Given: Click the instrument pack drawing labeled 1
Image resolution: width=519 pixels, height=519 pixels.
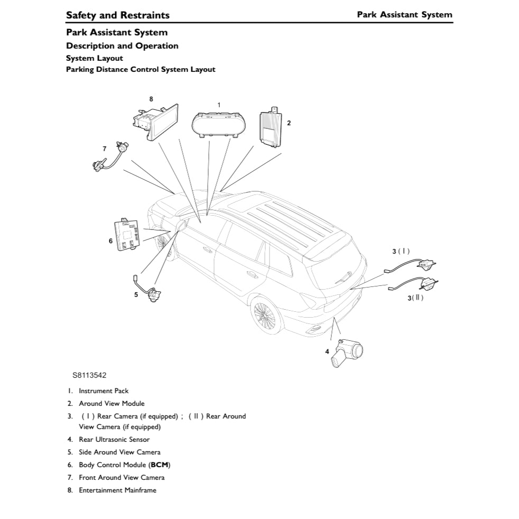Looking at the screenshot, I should click(218, 124).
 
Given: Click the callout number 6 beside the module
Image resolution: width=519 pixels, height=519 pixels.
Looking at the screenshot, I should click(110, 241).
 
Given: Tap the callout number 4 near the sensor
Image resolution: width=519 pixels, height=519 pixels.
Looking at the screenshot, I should click(327, 351).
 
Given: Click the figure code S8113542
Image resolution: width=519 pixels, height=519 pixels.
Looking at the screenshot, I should click(89, 376).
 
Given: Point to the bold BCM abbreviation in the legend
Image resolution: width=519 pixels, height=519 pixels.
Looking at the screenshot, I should click(160, 465).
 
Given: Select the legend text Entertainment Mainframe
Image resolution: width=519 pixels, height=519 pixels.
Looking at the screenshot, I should click(117, 490).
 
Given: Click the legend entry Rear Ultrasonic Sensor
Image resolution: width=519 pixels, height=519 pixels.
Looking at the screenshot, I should click(114, 440).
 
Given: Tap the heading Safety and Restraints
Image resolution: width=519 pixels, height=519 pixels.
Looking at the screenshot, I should click(118, 15).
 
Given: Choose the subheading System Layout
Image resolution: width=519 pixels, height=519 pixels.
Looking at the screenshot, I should click(95, 58).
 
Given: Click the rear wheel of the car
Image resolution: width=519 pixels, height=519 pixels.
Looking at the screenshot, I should click(265, 315).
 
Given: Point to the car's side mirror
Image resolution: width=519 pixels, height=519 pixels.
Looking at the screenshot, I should click(180, 226).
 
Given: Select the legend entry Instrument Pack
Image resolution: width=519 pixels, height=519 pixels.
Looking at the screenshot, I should click(104, 391).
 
